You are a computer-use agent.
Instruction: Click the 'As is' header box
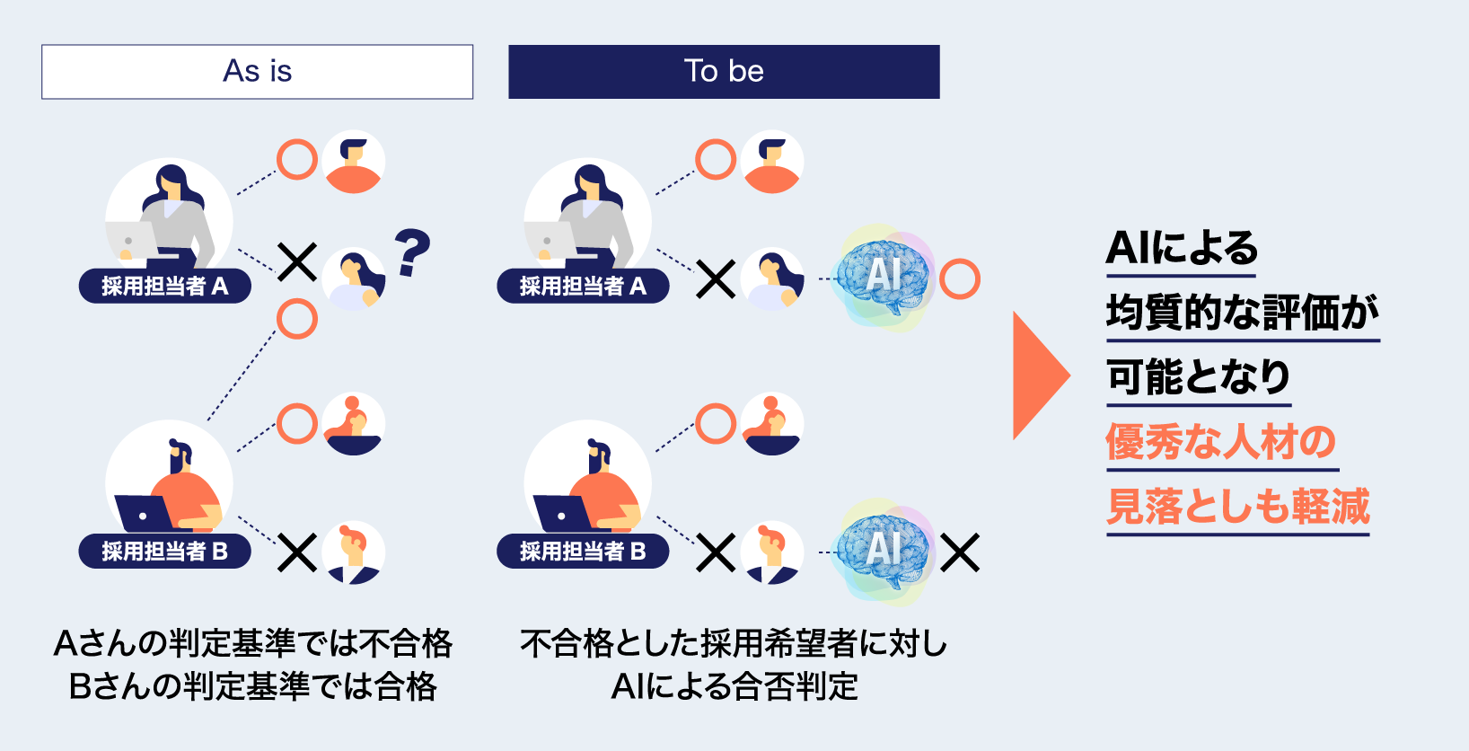[x=257, y=72]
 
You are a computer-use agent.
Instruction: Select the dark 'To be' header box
[x=724, y=72]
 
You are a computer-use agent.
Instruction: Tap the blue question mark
[x=412, y=252]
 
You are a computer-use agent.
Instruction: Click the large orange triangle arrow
[x=1040, y=375]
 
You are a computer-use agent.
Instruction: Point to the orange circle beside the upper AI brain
[x=960, y=279]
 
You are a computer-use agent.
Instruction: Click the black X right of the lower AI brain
[x=960, y=552]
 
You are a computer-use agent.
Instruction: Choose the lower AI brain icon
[x=883, y=551]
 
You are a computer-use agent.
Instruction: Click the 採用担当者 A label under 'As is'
[x=164, y=287]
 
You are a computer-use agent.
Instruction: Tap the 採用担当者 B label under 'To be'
[x=583, y=552]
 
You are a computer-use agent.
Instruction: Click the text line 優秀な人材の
[x=1221, y=442]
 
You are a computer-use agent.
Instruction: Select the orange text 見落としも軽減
[x=1238, y=507]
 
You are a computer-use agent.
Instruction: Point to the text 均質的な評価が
[x=1243, y=313]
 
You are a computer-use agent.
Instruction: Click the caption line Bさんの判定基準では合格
[x=253, y=687]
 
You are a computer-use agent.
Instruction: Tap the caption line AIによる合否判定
[x=734, y=687]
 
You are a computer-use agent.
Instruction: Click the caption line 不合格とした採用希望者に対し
[x=734, y=644]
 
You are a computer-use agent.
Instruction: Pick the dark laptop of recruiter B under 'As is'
[x=144, y=515]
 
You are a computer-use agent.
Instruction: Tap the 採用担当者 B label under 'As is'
[x=164, y=552]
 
